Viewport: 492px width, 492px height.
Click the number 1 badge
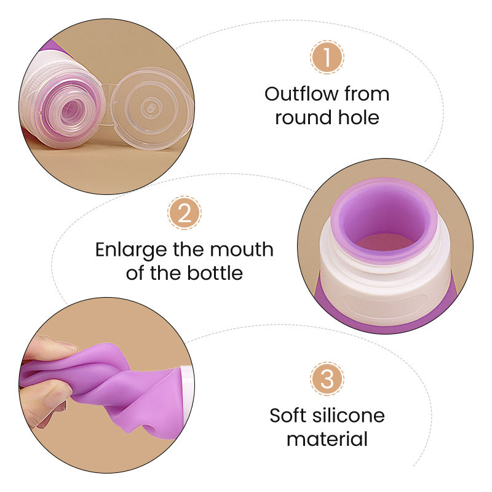coord(327,58)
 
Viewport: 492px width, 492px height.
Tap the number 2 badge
coord(184,213)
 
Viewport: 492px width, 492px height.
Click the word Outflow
coord(301,94)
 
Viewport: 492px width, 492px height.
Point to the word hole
coord(358,117)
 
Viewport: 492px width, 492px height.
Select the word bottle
coord(215,272)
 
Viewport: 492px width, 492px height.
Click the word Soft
coord(288,416)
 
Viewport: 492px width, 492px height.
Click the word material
coord(327,438)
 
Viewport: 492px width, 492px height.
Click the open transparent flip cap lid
coord(151,108)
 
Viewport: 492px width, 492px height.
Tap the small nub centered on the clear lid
coord(148,108)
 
